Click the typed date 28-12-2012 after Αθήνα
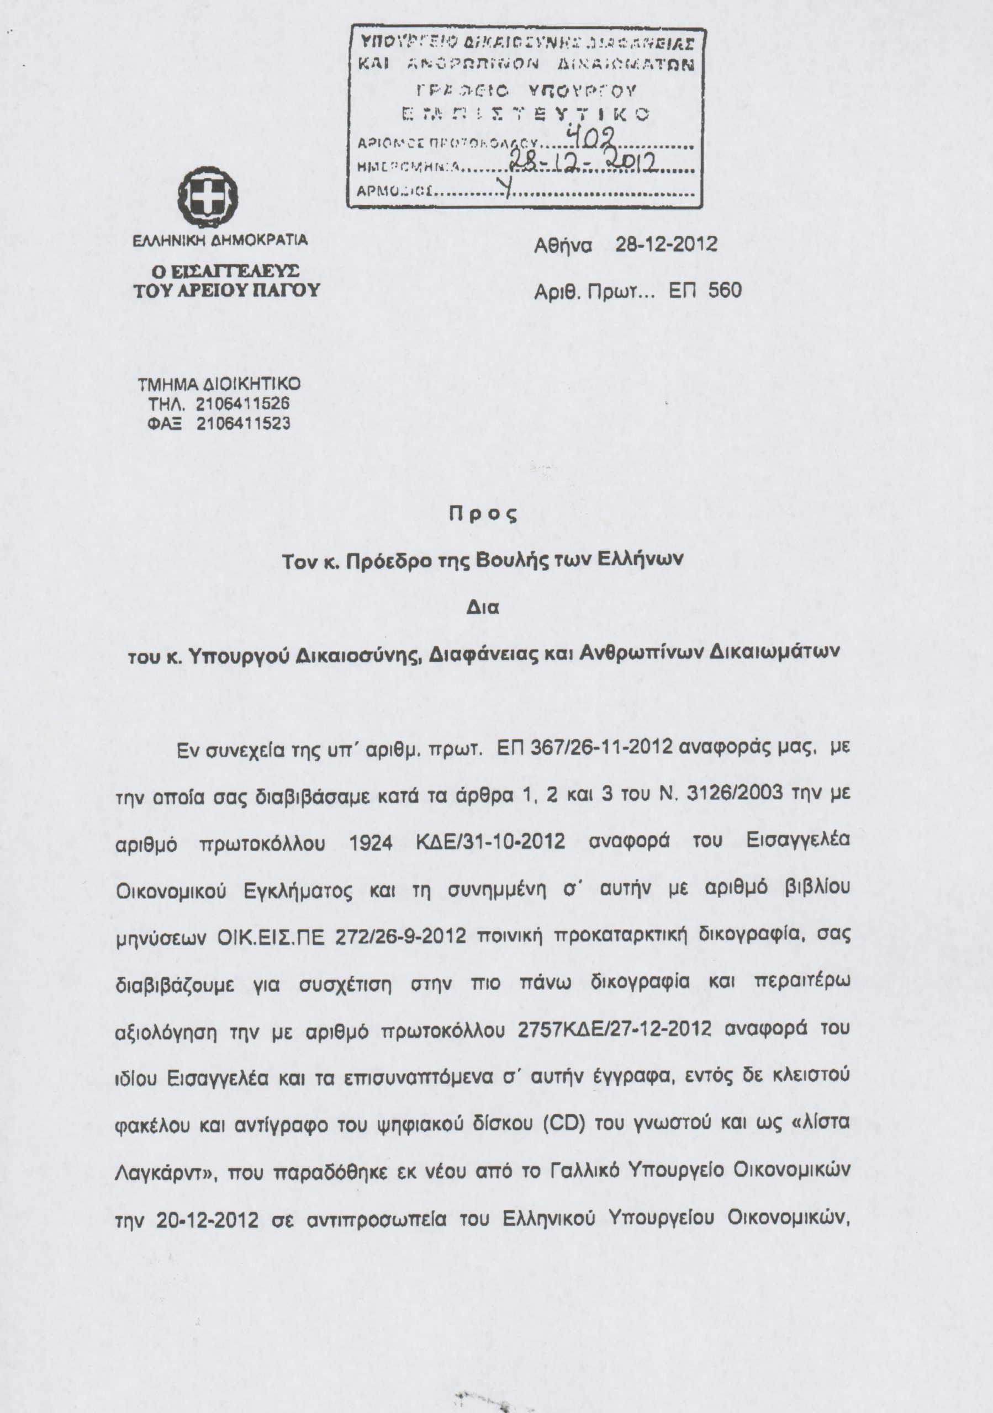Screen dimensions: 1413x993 click(666, 245)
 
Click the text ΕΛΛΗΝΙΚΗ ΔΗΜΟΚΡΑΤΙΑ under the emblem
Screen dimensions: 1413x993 click(221, 241)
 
